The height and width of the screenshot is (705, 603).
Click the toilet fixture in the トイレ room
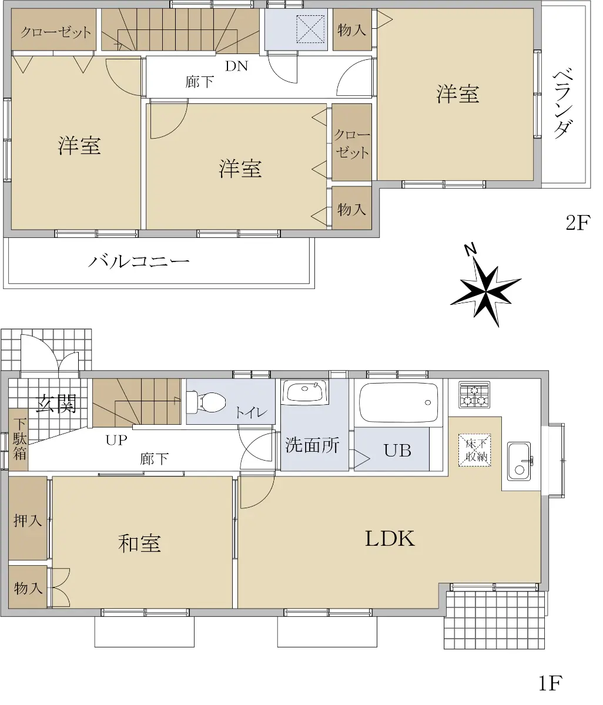point(206,402)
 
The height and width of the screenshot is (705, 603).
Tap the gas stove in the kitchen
point(474,395)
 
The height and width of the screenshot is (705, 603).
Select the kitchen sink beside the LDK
point(519,461)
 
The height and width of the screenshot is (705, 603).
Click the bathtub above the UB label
point(398,402)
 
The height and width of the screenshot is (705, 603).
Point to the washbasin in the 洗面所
point(305,392)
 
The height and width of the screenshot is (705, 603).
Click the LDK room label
point(390,539)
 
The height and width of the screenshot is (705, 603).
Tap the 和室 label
point(139,543)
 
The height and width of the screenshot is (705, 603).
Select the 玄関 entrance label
point(56,404)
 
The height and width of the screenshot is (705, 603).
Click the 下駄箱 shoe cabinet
point(18,439)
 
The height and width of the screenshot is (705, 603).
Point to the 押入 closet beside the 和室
point(28,518)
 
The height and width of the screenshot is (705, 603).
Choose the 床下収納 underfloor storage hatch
point(474,450)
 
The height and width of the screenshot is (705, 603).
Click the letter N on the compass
point(471,250)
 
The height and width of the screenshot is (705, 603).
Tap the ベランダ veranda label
point(562,103)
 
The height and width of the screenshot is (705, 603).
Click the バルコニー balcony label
point(139,261)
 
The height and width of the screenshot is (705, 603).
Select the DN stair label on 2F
point(236,66)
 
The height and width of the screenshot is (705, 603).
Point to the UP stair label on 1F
point(116,440)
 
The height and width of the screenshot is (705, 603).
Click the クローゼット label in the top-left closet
point(56,32)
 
